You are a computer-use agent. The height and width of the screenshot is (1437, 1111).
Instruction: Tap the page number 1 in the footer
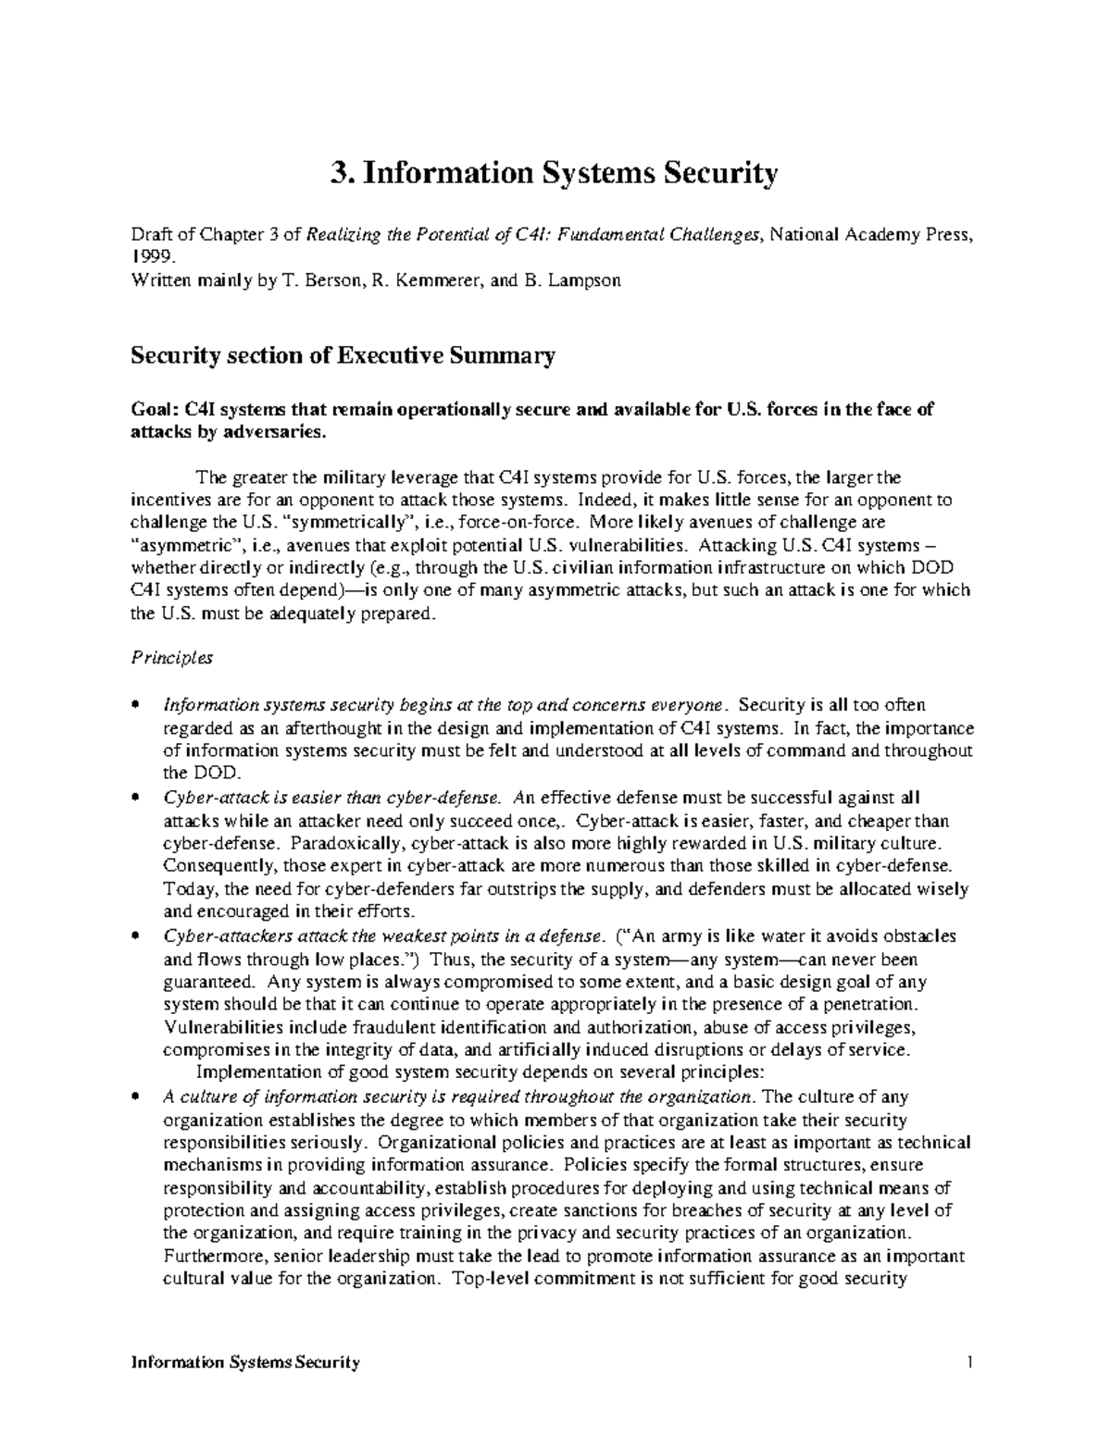(968, 1363)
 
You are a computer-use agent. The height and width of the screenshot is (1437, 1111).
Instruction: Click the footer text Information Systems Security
(245, 1363)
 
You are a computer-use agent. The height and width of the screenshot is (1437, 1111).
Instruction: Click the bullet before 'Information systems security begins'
(136, 706)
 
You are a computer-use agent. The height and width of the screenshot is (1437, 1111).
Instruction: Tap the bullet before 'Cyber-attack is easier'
(136, 798)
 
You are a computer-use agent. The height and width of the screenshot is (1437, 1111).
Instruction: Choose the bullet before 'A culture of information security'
(136, 1097)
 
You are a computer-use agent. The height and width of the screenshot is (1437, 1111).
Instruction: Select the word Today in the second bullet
(185, 889)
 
